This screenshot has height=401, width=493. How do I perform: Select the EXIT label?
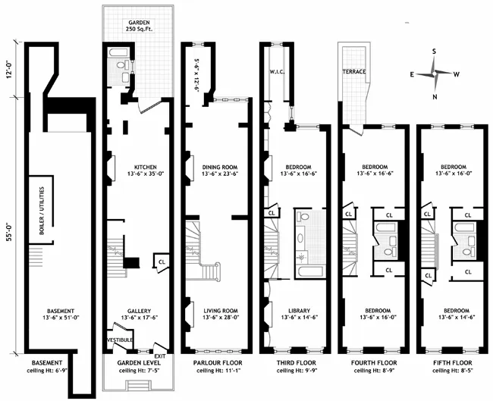tap(159, 356)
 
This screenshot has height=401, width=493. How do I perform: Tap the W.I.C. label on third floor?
tap(275, 73)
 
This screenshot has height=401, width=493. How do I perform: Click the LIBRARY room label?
tap(297, 312)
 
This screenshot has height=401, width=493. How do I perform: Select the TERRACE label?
tap(353, 71)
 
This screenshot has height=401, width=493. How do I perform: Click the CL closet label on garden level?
tap(162, 262)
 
